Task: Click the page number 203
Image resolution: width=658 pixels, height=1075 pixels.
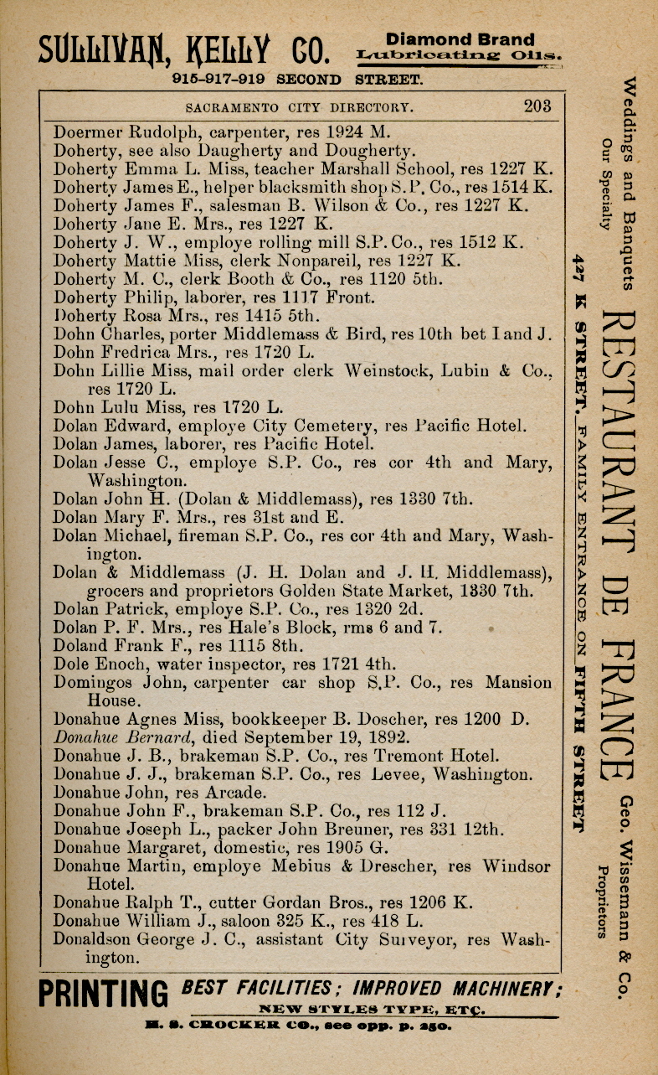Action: pos(537,106)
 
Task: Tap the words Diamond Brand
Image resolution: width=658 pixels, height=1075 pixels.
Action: pos(460,39)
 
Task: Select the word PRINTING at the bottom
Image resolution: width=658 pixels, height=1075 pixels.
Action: pos(102,996)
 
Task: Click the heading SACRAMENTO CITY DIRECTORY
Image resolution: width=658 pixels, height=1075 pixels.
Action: pos(299,107)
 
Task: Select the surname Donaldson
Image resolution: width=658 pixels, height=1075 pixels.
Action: pos(92,939)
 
